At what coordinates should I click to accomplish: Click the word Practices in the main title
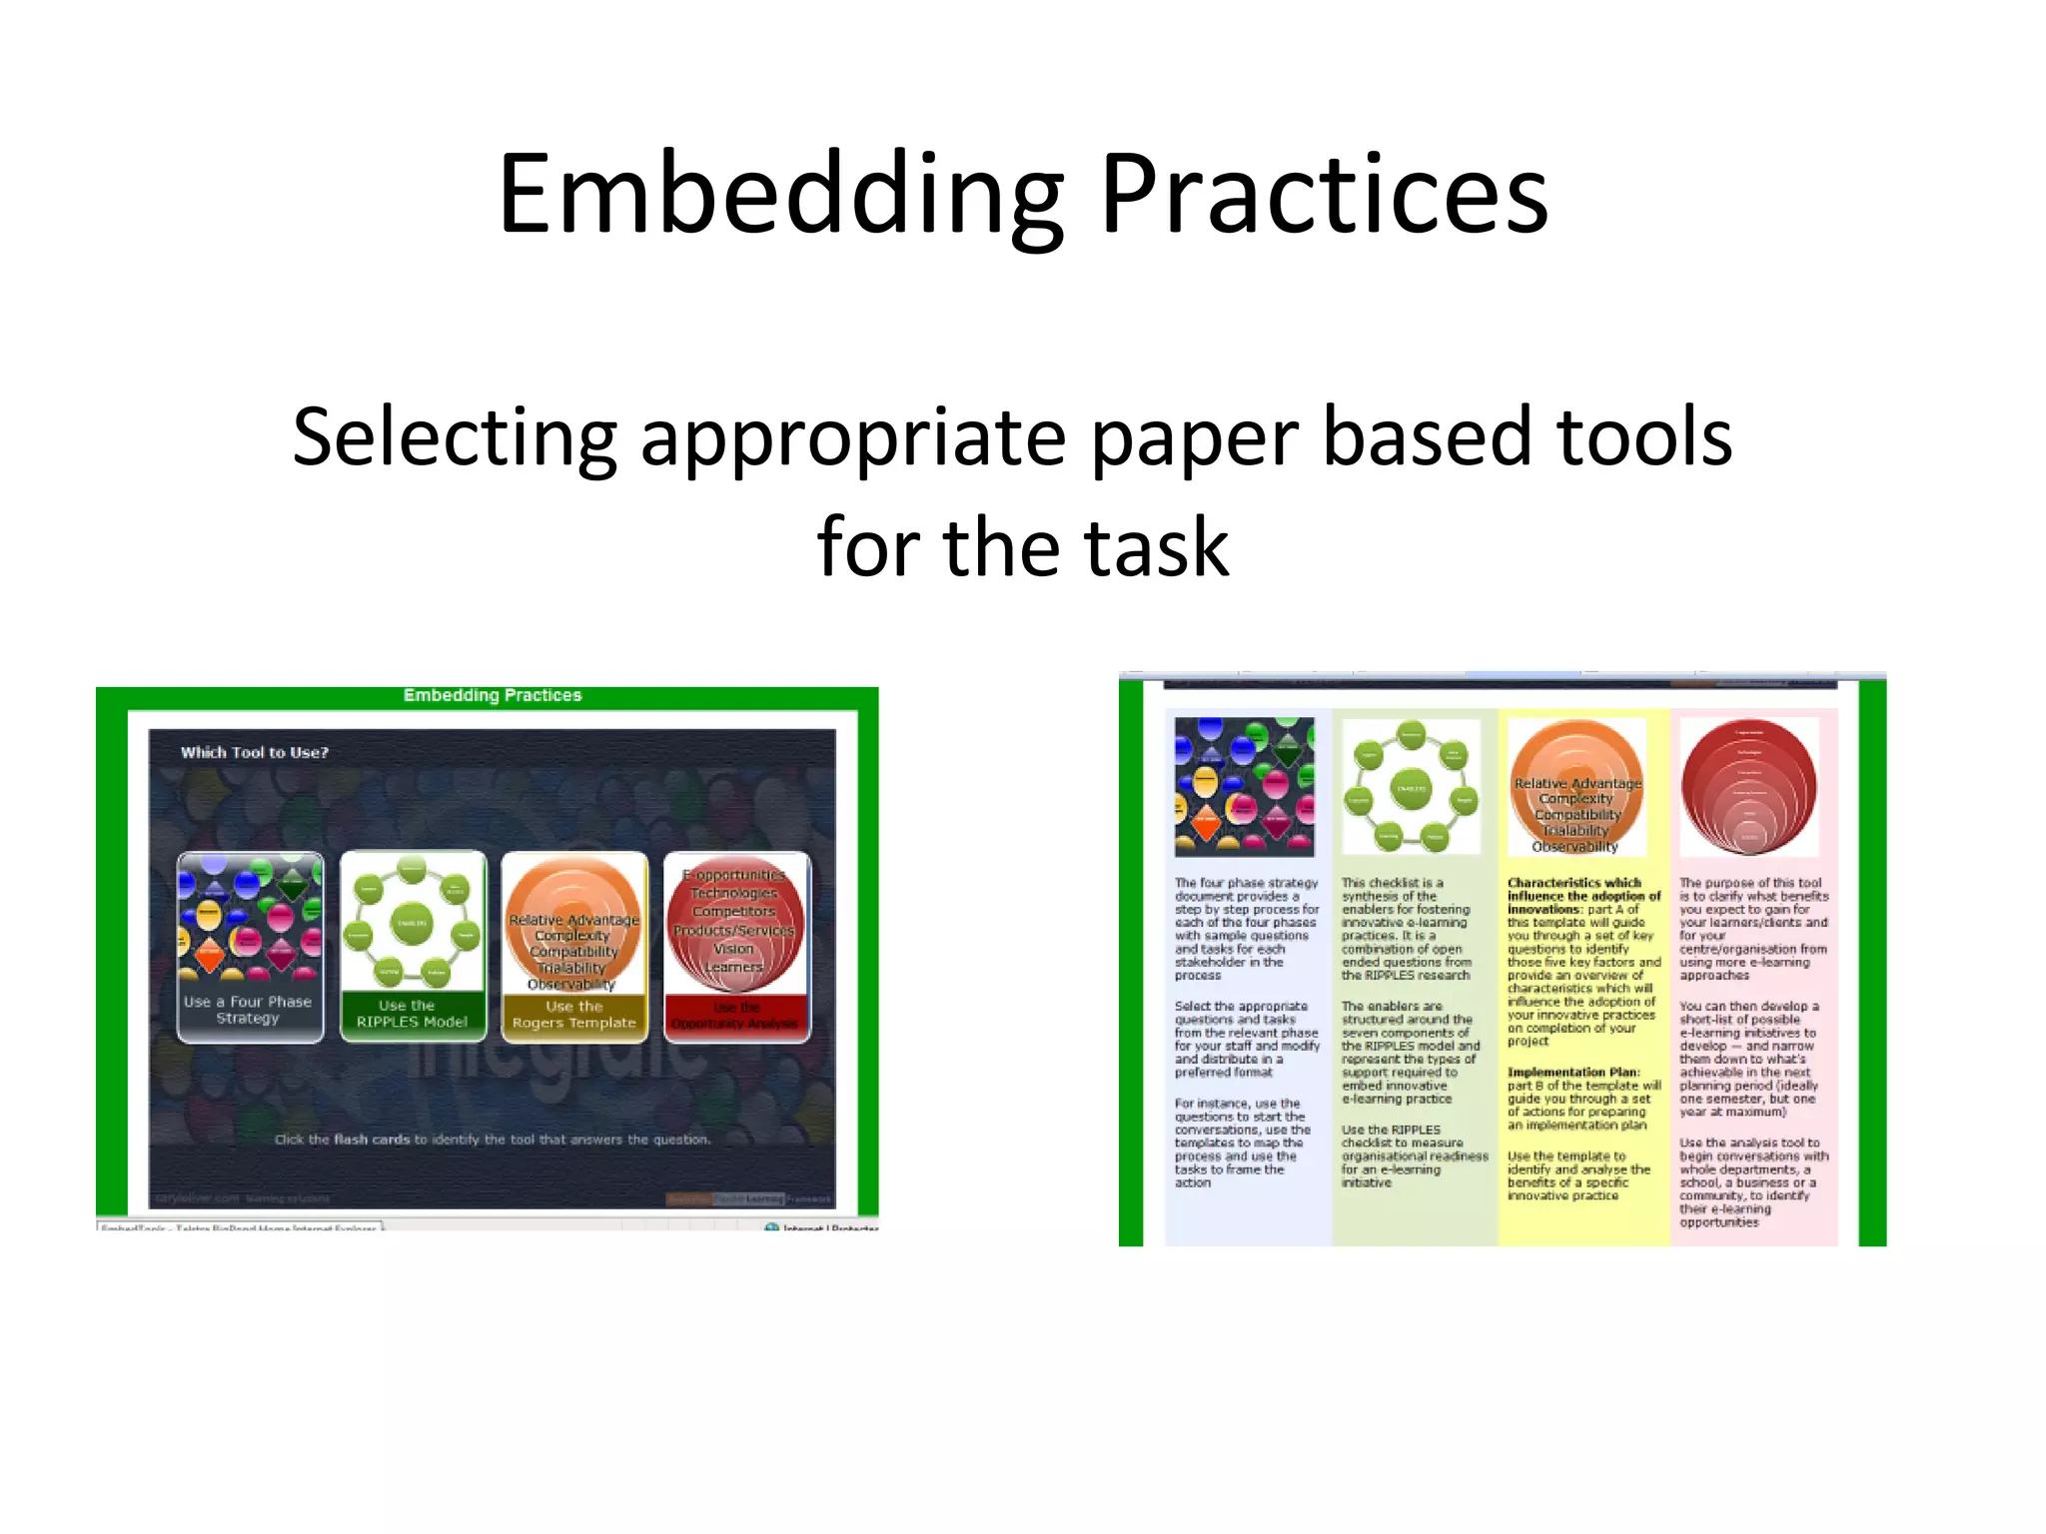pyautogui.click(x=1324, y=195)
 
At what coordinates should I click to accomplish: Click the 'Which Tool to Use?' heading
pyautogui.click(x=254, y=752)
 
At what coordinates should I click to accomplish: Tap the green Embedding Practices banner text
pyautogui.click(x=492, y=695)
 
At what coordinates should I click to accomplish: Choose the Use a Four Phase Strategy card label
pyautogui.click(x=249, y=1010)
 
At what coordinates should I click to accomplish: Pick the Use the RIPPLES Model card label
pyautogui.click(x=412, y=1014)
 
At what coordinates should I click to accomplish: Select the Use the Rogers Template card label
pyautogui.click(x=573, y=1015)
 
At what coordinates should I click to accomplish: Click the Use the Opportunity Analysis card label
pyautogui.click(x=736, y=1016)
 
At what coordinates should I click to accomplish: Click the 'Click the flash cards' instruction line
pyautogui.click(x=493, y=1140)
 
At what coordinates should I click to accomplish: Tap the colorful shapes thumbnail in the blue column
pyautogui.click(x=1244, y=786)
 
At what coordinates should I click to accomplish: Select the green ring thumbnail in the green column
pyautogui.click(x=1411, y=786)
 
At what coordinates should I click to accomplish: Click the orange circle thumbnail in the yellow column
pyautogui.click(x=1576, y=786)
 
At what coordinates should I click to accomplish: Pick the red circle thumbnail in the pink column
pyautogui.click(x=1749, y=786)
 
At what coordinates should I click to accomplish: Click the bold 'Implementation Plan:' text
pyautogui.click(x=1573, y=1072)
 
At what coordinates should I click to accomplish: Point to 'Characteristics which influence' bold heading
pyautogui.click(x=1582, y=889)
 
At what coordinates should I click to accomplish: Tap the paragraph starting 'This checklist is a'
pyautogui.click(x=1406, y=929)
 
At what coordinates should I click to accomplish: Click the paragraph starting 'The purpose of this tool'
pyautogui.click(x=1752, y=929)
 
